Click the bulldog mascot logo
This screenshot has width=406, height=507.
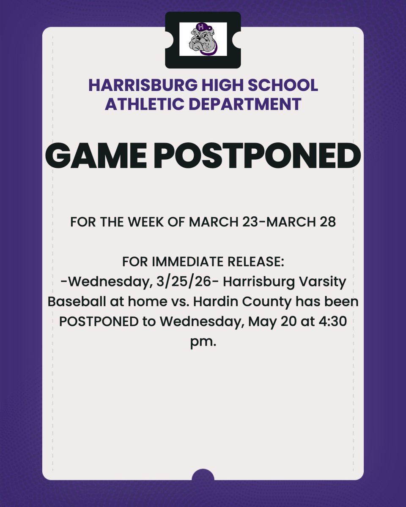[x=203, y=39]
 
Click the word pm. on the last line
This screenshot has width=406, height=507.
[x=203, y=341]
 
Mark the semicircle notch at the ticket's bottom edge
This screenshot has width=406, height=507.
[x=203, y=475]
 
